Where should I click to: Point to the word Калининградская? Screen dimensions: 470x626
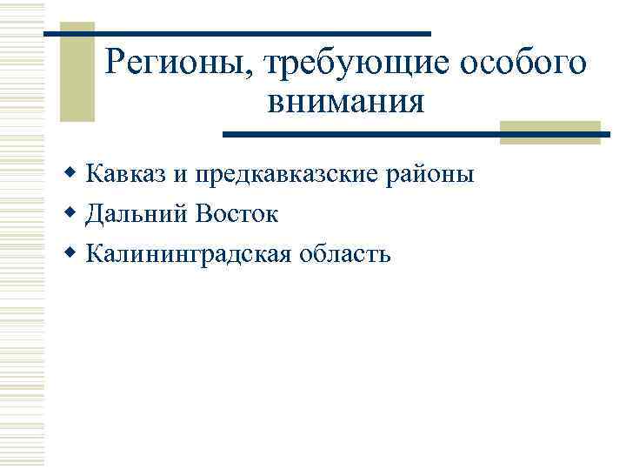(x=186, y=254)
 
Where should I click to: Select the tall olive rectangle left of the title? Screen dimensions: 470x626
(x=78, y=74)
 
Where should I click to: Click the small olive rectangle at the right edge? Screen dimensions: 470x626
(x=550, y=131)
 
